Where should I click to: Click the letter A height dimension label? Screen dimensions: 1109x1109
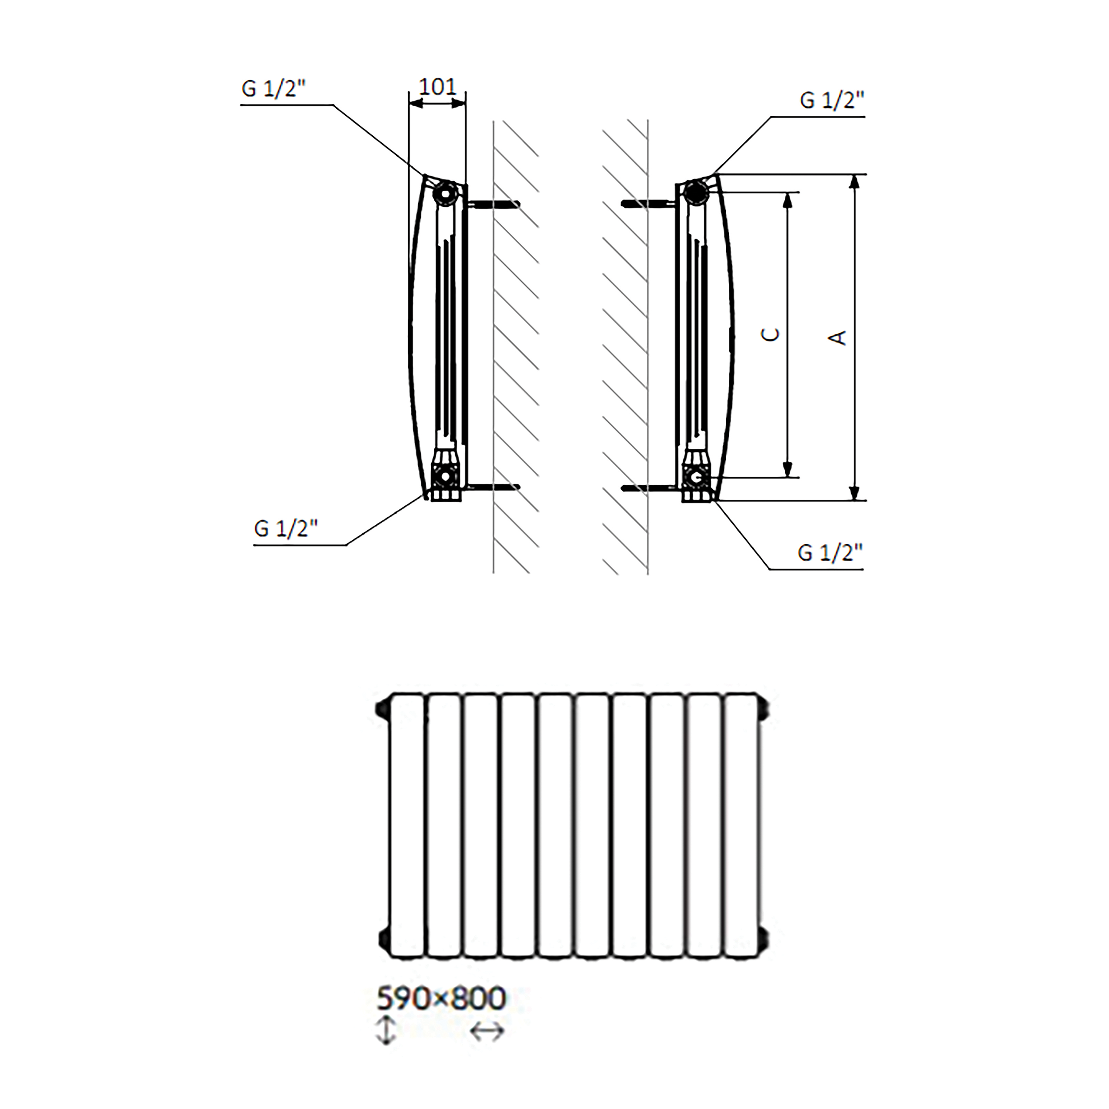839,338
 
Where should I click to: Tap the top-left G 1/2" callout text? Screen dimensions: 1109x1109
273,89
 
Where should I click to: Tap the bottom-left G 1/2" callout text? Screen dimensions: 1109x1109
285,528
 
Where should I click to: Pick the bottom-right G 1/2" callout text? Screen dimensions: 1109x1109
830,552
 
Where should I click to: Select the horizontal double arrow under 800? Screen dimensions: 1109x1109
487,1031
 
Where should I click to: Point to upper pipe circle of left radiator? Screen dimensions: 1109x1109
445,193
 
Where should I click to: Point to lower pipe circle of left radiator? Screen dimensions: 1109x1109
444,476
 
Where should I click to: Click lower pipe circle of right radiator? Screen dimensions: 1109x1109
696,477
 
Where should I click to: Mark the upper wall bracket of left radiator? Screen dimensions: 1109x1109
494,203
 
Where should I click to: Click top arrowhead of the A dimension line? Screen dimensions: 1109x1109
854,182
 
